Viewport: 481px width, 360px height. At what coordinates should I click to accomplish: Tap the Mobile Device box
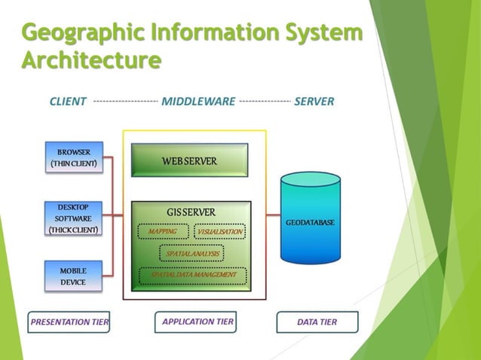[x=73, y=276]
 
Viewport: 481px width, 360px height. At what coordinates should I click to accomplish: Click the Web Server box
[x=189, y=160]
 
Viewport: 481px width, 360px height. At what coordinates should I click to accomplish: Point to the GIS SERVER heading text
[x=191, y=212]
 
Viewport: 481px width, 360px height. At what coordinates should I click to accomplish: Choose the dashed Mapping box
[x=163, y=232]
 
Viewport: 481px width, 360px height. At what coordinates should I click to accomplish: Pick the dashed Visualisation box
[x=219, y=232]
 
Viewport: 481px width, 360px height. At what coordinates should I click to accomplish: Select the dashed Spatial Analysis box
[x=191, y=254]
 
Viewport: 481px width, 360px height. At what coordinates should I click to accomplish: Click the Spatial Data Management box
[x=193, y=275]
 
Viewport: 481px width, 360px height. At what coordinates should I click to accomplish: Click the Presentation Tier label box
[x=69, y=322]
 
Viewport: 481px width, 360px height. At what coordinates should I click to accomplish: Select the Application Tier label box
[x=198, y=322]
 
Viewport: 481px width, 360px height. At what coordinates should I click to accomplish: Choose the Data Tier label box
[x=317, y=322]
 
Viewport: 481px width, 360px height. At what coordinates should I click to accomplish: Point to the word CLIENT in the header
[x=68, y=101]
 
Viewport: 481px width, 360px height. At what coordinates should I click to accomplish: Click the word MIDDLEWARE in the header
[x=198, y=101]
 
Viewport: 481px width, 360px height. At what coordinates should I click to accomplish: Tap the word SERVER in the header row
[x=314, y=101]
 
